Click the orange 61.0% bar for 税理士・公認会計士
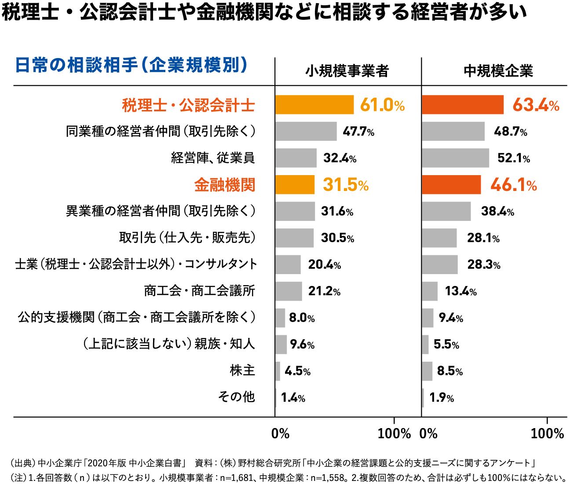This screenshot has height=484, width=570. pyautogui.click(x=314, y=105)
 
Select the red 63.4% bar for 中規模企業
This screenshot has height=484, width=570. pyautogui.click(x=462, y=105)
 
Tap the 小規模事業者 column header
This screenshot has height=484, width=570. pyautogui.click(x=347, y=71)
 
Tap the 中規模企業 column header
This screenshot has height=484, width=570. pyautogui.click(x=498, y=71)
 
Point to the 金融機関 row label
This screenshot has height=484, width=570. pyautogui.click(x=225, y=185)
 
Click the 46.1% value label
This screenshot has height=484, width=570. pyautogui.click(x=513, y=185)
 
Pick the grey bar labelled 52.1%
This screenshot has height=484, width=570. pyautogui.click(x=455, y=158)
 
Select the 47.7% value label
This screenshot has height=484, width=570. pyautogui.click(x=358, y=132)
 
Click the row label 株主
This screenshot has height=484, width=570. pyautogui.click(x=242, y=370)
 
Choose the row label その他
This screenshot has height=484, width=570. pyautogui.click(x=237, y=396)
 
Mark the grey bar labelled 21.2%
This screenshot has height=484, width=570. pyautogui.click(x=289, y=291)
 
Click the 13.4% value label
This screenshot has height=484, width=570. pyautogui.click(x=460, y=291)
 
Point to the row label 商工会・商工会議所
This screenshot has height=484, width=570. pyautogui.click(x=199, y=291)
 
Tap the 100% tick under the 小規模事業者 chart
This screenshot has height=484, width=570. pyautogui.click(x=394, y=433)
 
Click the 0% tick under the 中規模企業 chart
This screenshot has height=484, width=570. pyautogui.click(x=428, y=433)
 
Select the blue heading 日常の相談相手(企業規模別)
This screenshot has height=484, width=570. pyautogui.click(x=131, y=65)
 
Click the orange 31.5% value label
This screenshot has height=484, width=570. pyautogui.click(x=345, y=185)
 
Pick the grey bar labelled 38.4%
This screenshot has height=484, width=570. pyautogui.click(x=446, y=211)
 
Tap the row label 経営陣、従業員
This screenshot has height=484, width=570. pyautogui.click(x=213, y=158)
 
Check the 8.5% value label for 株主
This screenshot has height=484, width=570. pyautogui.click(x=449, y=370)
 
